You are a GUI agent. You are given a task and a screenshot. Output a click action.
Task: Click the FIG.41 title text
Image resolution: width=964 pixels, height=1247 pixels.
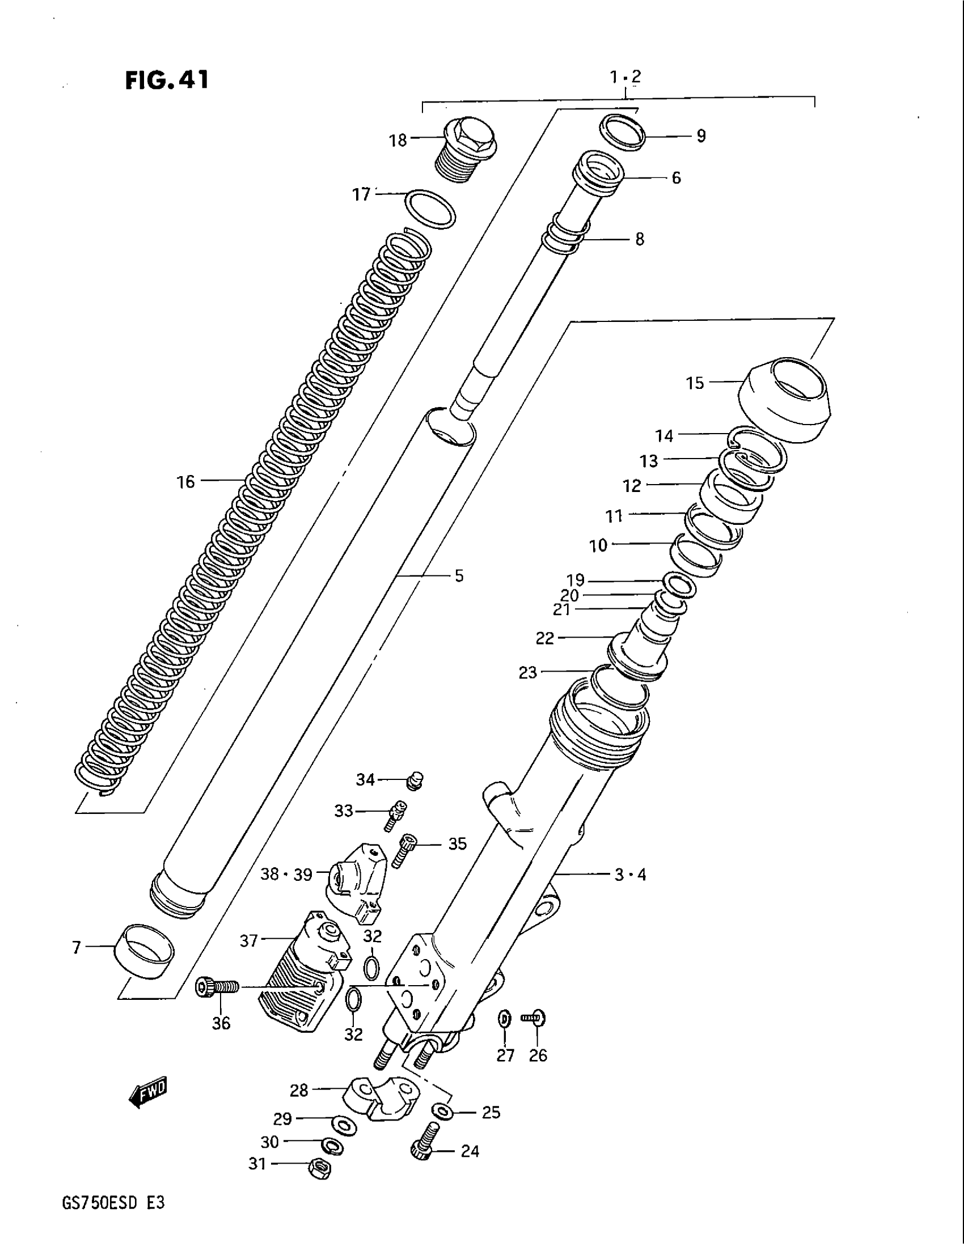click(x=167, y=80)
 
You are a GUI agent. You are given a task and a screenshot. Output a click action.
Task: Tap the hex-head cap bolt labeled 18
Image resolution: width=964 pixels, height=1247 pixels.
click(x=468, y=147)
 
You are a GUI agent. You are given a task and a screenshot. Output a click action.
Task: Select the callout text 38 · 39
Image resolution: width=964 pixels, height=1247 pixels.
click(x=287, y=890)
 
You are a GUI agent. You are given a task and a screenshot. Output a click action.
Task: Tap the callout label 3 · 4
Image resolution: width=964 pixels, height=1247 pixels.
click(x=630, y=890)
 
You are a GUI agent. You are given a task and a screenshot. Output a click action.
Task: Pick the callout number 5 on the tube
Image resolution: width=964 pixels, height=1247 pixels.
click(x=459, y=575)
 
